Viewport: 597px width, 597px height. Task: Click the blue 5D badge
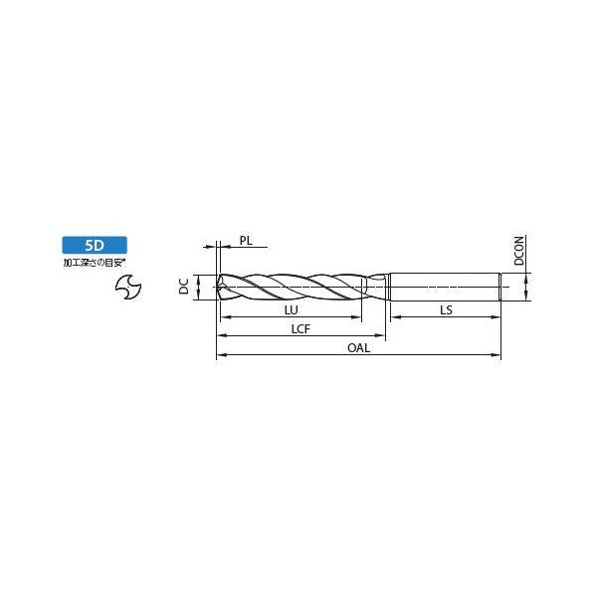coord(95,245)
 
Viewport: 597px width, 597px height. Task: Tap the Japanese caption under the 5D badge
coord(95,263)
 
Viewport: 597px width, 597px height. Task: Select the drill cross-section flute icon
coord(128,287)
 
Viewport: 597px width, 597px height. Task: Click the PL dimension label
coord(246,241)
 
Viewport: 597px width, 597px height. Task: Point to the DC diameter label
coord(184,287)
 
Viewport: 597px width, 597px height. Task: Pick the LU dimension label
coord(291,309)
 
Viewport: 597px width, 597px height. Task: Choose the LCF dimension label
coord(300,329)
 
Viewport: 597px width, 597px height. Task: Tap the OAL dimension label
coord(358,348)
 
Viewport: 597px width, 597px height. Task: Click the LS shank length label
coord(446,309)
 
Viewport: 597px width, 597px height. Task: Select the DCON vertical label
coord(519,250)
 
